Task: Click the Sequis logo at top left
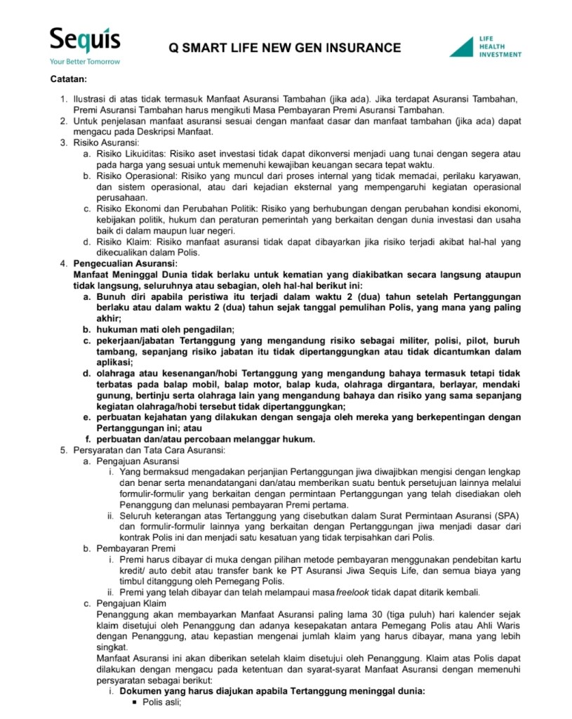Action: (x=84, y=41)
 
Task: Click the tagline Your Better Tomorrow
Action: (x=84, y=62)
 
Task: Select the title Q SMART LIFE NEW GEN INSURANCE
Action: (x=285, y=48)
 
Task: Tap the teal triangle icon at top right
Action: (x=462, y=46)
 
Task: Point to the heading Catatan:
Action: (x=68, y=79)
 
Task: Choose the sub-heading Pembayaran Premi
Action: (x=131, y=548)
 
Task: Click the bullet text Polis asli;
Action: (x=162, y=701)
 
